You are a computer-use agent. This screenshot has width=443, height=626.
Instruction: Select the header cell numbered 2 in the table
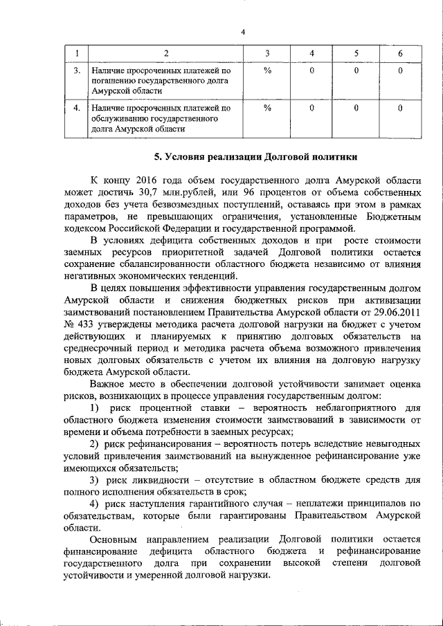pyautogui.click(x=165, y=55)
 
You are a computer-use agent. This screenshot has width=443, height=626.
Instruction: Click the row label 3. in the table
pyautogui.click(x=77, y=71)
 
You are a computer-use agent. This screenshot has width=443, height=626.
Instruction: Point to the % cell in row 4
pyautogui.click(x=267, y=108)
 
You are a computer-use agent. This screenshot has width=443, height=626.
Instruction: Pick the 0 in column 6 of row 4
pyautogui.click(x=400, y=108)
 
